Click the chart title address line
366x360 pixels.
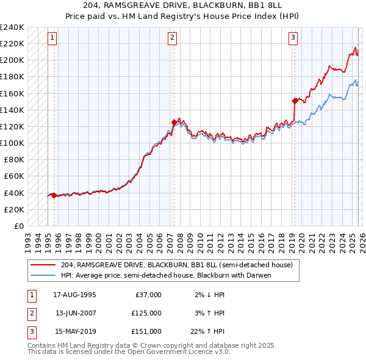click(x=183, y=5)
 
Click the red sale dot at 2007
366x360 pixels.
click(x=174, y=122)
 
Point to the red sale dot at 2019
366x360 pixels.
click(x=295, y=101)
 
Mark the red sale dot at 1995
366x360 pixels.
click(x=54, y=195)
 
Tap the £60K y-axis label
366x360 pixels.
click(x=14, y=176)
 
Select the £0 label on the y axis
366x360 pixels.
click(x=18, y=226)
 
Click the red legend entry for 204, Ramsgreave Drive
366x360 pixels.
click(x=177, y=265)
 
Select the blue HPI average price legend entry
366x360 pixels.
click(x=165, y=275)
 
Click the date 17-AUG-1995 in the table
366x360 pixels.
click(x=75, y=295)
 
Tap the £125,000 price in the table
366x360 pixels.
click(x=146, y=313)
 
